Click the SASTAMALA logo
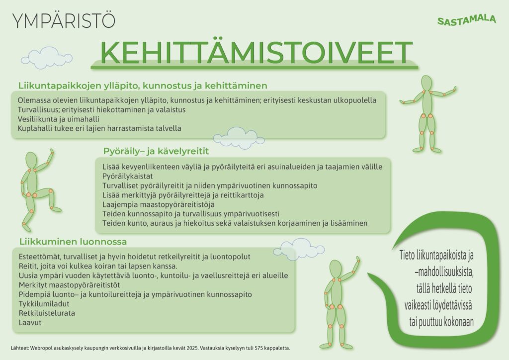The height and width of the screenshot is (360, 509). tap(466, 20)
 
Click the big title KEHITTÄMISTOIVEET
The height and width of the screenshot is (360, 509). tap(256, 52)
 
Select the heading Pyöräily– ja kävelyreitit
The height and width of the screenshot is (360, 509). tap(156, 151)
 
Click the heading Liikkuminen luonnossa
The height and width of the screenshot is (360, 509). tap(73, 242)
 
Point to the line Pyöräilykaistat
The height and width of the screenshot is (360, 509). tap(128, 176)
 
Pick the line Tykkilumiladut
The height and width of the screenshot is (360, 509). tap(44, 304)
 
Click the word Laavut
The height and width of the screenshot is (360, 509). tap(30, 323)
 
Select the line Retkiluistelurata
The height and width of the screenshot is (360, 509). tap(47, 313)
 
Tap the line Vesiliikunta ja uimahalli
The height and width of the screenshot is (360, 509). tap(59, 119)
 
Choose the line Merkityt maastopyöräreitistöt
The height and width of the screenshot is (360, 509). tap(69, 285)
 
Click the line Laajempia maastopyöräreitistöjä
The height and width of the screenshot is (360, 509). tap(159, 204)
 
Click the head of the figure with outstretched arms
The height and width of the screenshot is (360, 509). tap(427, 84)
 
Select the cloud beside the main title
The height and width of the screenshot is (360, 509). tap(46, 59)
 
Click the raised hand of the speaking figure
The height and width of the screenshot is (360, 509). tap(358, 260)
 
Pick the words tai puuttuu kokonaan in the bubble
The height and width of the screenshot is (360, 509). tap(441, 322)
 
